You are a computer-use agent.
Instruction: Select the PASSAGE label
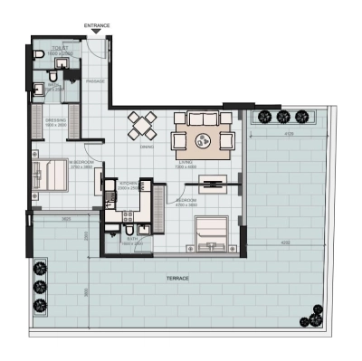(x=96, y=81)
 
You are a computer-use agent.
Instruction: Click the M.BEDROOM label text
(x=81, y=163)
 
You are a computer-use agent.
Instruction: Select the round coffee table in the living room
(x=206, y=139)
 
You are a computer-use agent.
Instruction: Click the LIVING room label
(x=210, y=163)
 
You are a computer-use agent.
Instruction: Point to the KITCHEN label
(x=128, y=183)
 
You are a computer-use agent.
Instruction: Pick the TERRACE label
(x=176, y=279)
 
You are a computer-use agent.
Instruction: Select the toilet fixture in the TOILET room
(x=36, y=55)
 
